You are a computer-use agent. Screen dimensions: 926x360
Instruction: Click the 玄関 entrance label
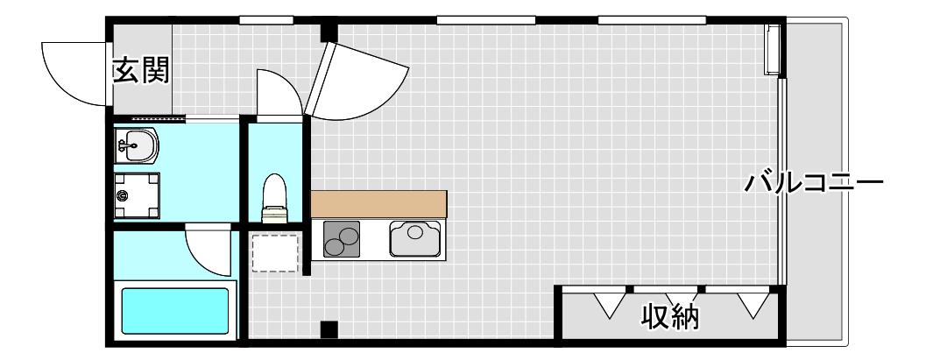pyautogui.click(x=141, y=70)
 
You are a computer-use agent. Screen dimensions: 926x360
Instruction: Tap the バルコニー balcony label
pyautogui.click(x=813, y=182)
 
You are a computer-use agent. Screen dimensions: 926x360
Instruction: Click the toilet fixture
pyautogui.click(x=274, y=198)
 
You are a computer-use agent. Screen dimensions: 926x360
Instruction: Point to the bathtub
pyautogui.click(x=175, y=310)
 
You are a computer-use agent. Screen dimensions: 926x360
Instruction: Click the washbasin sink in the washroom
pyautogui.click(x=137, y=145)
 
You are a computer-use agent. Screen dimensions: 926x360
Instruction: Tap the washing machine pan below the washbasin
pyautogui.click(x=137, y=195)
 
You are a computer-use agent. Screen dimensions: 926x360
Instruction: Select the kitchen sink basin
pyautogui.click(x=415, y=238)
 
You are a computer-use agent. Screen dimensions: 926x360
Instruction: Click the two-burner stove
pyautogui.click(x=342, y=239)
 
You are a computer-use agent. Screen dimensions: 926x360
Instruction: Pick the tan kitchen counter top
pyautogui.click(x=378, y=204)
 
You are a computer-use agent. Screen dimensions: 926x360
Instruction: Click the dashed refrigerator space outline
pyautogui.click(x=275, y=253)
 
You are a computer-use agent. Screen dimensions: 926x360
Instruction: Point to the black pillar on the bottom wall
pyautogui.click(x=329, y=329)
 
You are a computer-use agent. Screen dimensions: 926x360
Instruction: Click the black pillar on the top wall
pyautogui.click(x=329, y=32)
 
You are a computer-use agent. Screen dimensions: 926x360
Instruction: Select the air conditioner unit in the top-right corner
pyautogui.click(x=773, y=49)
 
